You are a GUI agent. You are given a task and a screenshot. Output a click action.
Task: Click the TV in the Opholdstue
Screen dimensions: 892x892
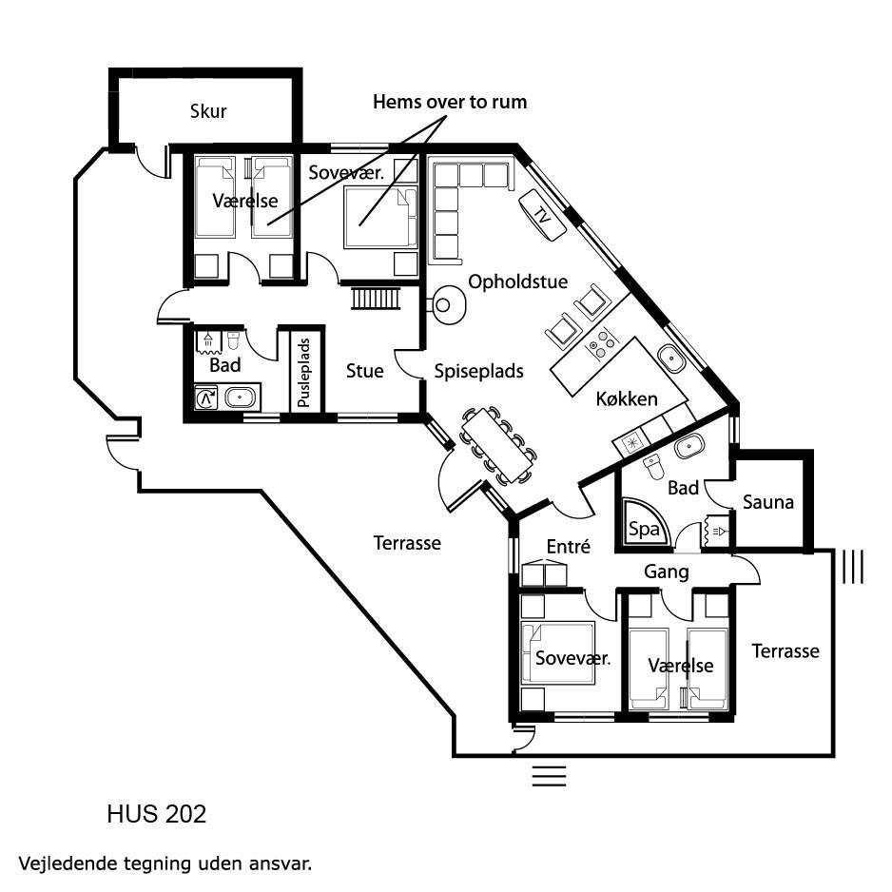(x=542, y=215)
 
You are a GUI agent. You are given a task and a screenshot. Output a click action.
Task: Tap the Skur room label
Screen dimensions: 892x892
(x=208, y=111)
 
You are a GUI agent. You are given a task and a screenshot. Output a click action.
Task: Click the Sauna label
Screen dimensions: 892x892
(x=768, y=502)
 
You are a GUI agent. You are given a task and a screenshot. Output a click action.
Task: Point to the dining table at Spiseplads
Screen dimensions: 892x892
(x=497, y=445)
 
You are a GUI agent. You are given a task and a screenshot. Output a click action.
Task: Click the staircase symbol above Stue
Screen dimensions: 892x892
(x=376, y=298)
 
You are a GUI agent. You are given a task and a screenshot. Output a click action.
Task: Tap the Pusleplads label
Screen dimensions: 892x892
(x=304, y=373)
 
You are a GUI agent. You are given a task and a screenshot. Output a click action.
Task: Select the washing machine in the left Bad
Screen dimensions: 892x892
(x=206, y=398)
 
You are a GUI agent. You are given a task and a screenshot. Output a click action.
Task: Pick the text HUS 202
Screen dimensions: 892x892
(x=157, y=814)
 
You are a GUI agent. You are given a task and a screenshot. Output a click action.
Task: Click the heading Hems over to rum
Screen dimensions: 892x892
(x=450, y=102)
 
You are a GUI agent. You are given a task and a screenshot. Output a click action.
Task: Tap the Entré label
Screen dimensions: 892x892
(x=569, y=546)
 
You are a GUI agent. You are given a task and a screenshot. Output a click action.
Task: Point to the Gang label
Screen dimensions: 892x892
(x=667, y=572)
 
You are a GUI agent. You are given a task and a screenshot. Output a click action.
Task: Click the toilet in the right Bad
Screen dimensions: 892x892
(x=653, y=468)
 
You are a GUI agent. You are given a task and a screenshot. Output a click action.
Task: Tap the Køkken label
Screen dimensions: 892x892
(x=627, y=398)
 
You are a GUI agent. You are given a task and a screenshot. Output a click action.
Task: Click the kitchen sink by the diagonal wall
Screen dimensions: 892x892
(x=672, y=359)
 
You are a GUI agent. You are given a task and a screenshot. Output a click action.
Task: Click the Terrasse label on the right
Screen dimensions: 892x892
(x=785, y=650)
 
